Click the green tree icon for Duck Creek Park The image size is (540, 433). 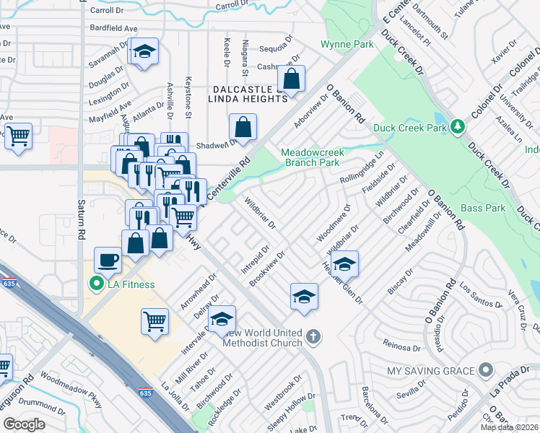click(x=456, y=128)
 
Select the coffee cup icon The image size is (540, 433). click(x=108, y=260)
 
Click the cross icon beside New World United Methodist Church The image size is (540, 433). click(x=313, y=336)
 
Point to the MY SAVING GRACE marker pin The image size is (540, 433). click(x=486, y=371)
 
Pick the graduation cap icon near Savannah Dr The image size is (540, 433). click(x=144, y=51)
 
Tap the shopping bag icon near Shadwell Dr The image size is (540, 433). click(x=243, y=127)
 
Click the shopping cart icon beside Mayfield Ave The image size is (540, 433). click(x=18, y=135)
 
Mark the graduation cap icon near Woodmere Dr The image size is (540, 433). click(x=346, y=264)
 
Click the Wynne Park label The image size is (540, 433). click(x=347, y=45)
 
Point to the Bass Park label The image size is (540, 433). click(x=483, y=208)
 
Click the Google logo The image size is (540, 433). click(x=24, y=424)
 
